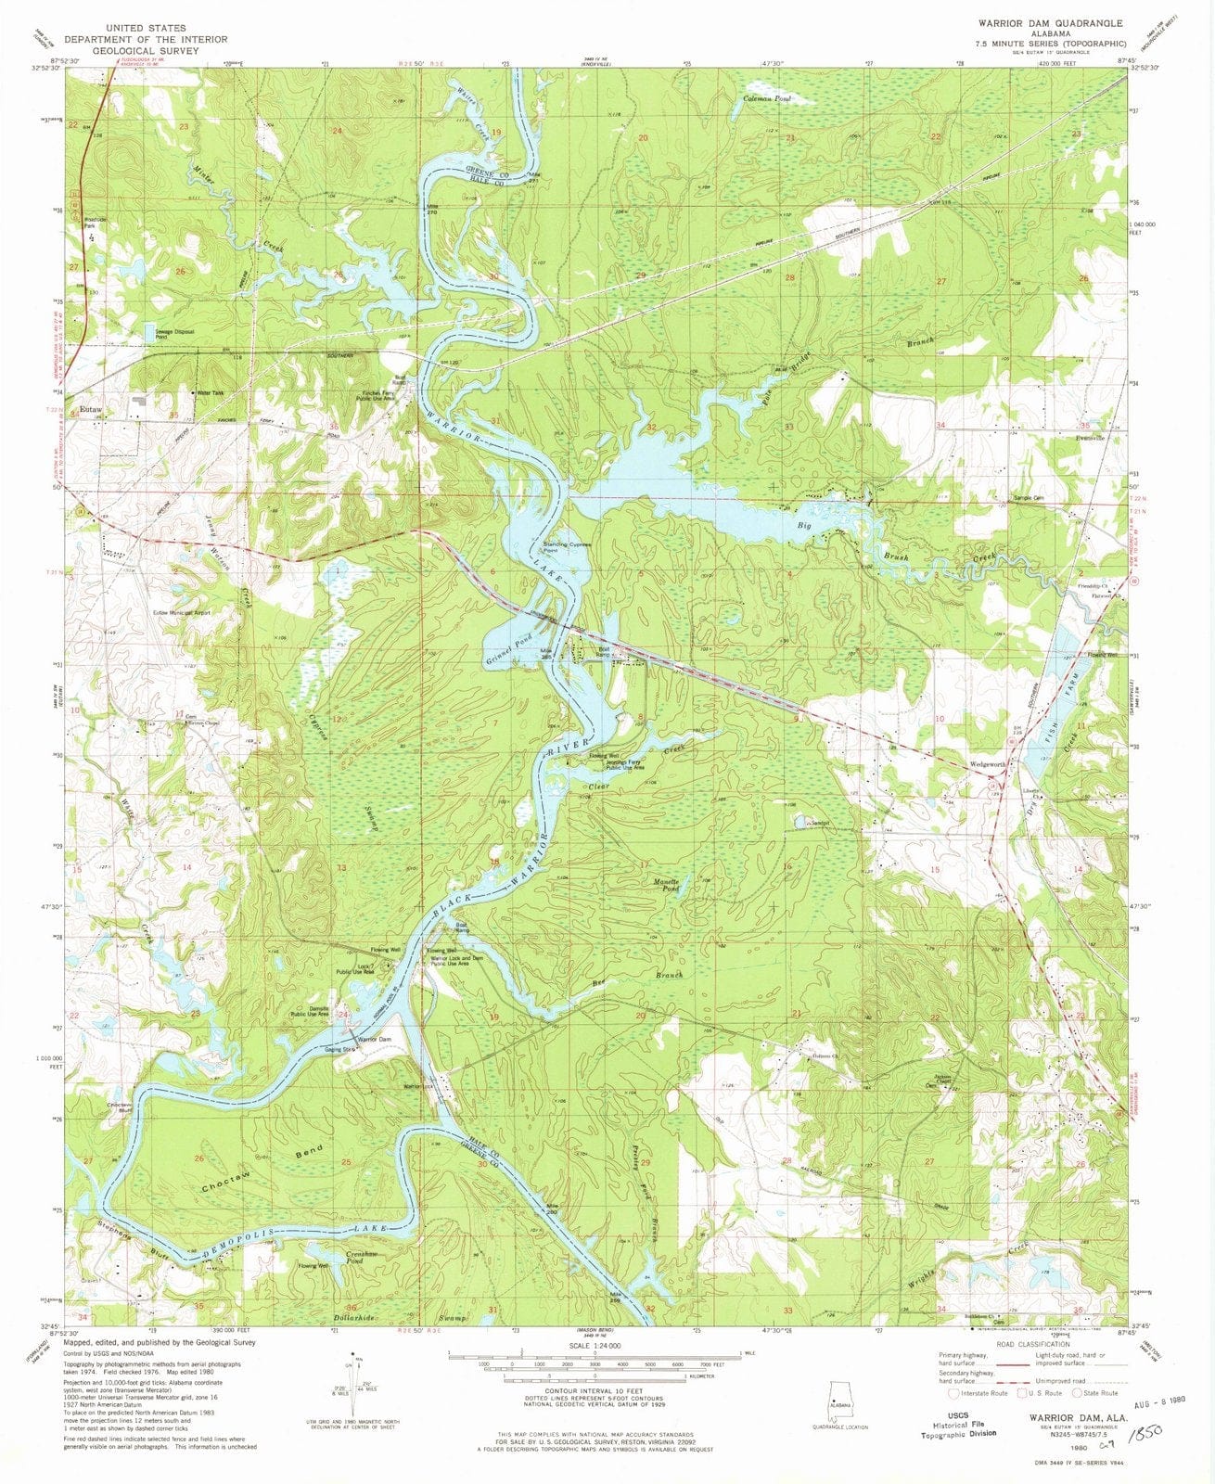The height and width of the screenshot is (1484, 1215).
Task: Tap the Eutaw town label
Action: pyautogui.click(x=91, y=408)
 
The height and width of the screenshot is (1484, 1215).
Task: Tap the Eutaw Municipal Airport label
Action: pyautogui.click(x=182, y=613)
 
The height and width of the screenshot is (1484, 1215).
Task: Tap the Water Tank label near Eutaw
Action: pyautogui.click(x=206, y=392)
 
